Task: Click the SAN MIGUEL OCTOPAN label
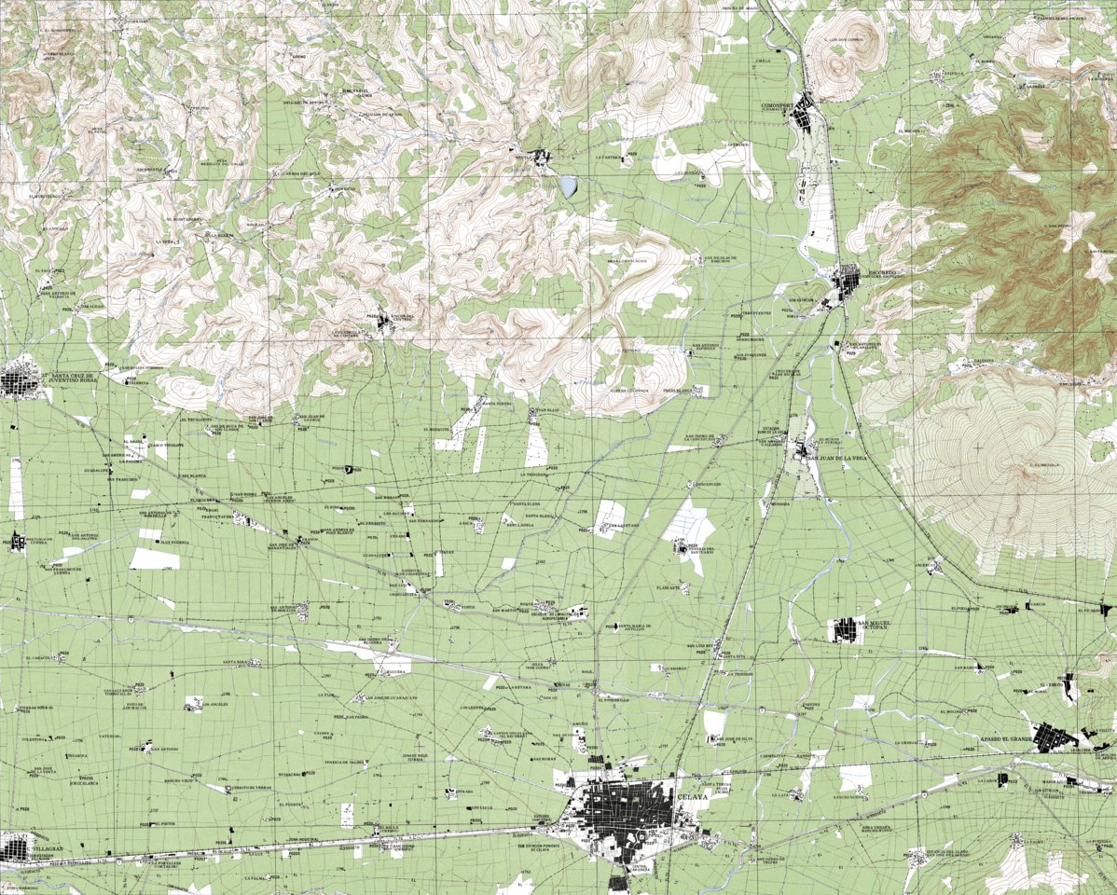(877, 625)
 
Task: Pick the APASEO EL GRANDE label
(1006, 739)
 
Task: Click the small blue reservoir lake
(568, 186)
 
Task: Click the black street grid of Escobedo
(848, 280)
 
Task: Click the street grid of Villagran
(16, 847)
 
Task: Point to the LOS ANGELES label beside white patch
(203, 705)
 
